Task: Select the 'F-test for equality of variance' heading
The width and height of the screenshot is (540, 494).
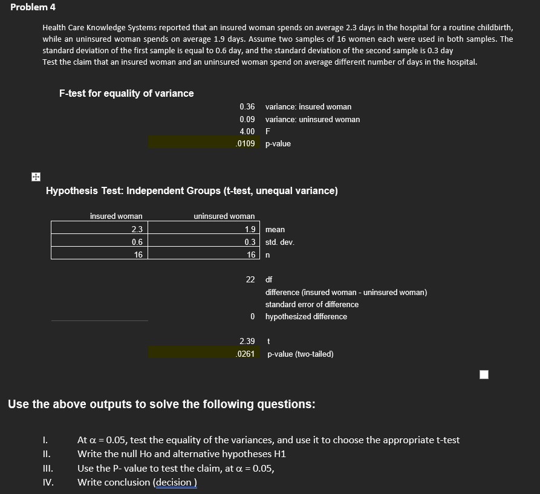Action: (x=126, y=93)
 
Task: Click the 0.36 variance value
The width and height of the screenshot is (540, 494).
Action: (x=247, y=107)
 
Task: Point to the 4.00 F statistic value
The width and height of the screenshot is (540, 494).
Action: (x=247, y=131)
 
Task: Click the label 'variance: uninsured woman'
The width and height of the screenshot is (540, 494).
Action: (x=312, y=119)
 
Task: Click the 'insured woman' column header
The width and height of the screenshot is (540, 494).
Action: (x=116, y=216)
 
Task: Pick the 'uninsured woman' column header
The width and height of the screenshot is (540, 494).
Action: (x=224, y=216)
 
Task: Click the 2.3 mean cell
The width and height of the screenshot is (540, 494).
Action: (x=137, y=229)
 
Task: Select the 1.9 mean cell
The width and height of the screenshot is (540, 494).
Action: (x=250, y=229)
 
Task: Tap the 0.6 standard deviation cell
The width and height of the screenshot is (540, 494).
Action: (x=137, y=242)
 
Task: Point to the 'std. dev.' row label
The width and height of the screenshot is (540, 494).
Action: (x=279, y=242)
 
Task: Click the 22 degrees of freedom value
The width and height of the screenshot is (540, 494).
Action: (x=250, y=280)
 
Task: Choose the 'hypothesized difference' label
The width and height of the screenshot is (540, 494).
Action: (x=306, y=316)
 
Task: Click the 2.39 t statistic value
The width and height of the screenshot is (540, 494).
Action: (x=247, y=342)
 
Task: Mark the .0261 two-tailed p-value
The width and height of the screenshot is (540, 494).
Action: (x=246, y=354)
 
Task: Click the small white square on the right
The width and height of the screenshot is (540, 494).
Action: (x=483, y=375)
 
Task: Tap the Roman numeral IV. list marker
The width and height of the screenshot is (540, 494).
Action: (x=48, y=482)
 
